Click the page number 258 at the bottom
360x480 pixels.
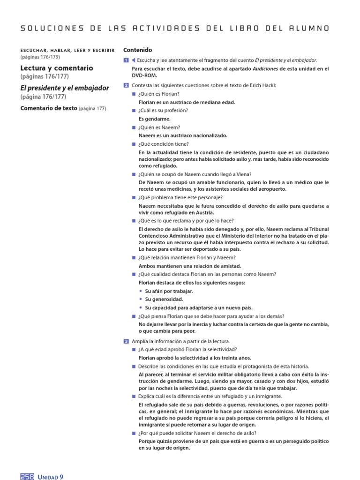point(27,476)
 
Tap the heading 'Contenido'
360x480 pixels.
point(137,50)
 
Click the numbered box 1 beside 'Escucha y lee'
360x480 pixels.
point(126,60)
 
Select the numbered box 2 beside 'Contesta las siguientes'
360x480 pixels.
point(126,85)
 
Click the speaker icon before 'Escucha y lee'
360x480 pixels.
point(134,60)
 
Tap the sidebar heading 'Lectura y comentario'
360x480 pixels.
point(56,68)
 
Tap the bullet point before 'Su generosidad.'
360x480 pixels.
point(141,300)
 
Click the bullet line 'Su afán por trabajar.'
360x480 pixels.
point(169,291)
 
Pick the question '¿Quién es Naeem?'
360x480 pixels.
point(159,127)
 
